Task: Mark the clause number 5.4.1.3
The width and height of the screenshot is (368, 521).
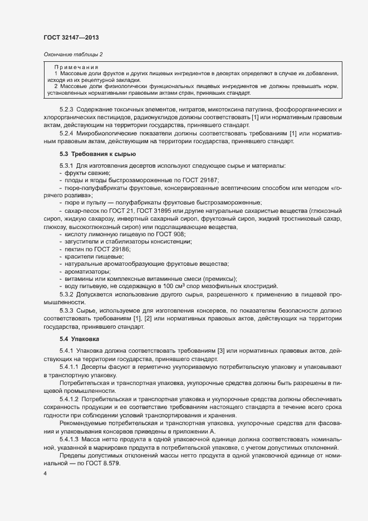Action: pos(70,425)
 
